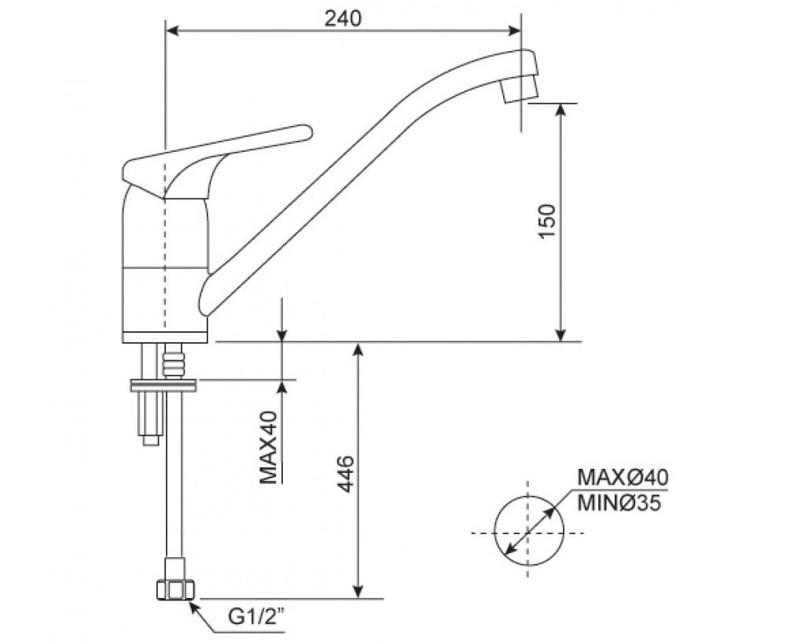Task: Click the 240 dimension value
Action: (x=343, y=17)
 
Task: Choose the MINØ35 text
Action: (x=620, y=502)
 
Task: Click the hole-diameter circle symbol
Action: (x=529, y=531)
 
